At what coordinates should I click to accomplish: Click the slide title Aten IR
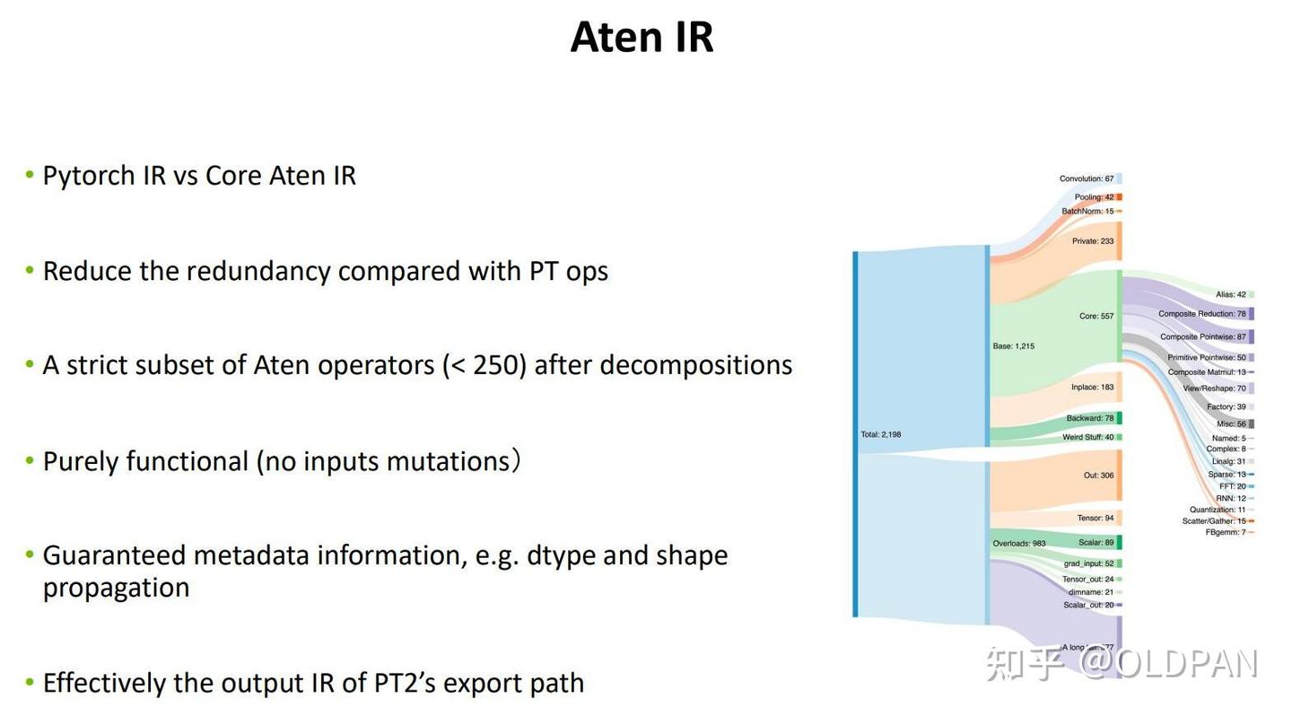click(x=642, y=38)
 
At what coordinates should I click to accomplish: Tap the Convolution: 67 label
click(x=1086, y=179)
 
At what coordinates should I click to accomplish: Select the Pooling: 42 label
click(x=1094, y=197)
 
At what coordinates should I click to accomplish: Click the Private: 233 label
click(x=1092, y=241)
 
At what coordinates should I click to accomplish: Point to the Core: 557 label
click(x=1096, y=316)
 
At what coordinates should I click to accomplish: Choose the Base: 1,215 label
click(x=1013, y=345)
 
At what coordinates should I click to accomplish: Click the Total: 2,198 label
click(x=880, y=434)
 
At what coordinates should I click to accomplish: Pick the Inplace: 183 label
click(x=1092, y=388)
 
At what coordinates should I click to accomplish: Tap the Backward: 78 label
click(x=1089, y=418)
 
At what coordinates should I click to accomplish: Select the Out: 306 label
click(x=1098, y=475)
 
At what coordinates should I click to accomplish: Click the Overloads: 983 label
click(x=1018, y=543)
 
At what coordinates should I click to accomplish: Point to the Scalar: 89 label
click(x=1096, y=542)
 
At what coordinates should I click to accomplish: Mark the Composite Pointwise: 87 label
click(x=1202, y=337)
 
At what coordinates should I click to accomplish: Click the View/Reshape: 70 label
click(x=1214, y=389)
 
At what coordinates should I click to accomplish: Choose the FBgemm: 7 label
click(x=1225, y=532)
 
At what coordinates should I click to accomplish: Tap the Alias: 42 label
click(x=1230, y=294)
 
